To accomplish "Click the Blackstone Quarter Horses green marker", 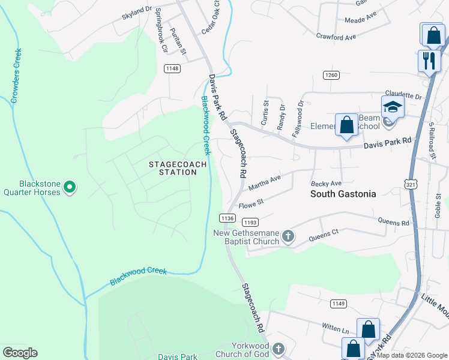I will click(70, 188).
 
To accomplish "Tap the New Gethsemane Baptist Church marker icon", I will click(288, 236).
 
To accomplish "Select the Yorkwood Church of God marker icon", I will click(277, 348).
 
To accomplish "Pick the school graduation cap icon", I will click(393, 107).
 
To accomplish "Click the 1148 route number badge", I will click(173, 68).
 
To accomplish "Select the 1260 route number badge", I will click(331, 75).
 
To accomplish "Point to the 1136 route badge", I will click(227, 217).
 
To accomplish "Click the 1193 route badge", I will click(250, 222).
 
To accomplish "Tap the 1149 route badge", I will click(338, 304).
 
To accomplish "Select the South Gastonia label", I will click(343, 194).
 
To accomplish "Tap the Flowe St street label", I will click(252, 205).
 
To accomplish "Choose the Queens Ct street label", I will click(324, 234).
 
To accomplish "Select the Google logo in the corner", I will click(20, 353).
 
